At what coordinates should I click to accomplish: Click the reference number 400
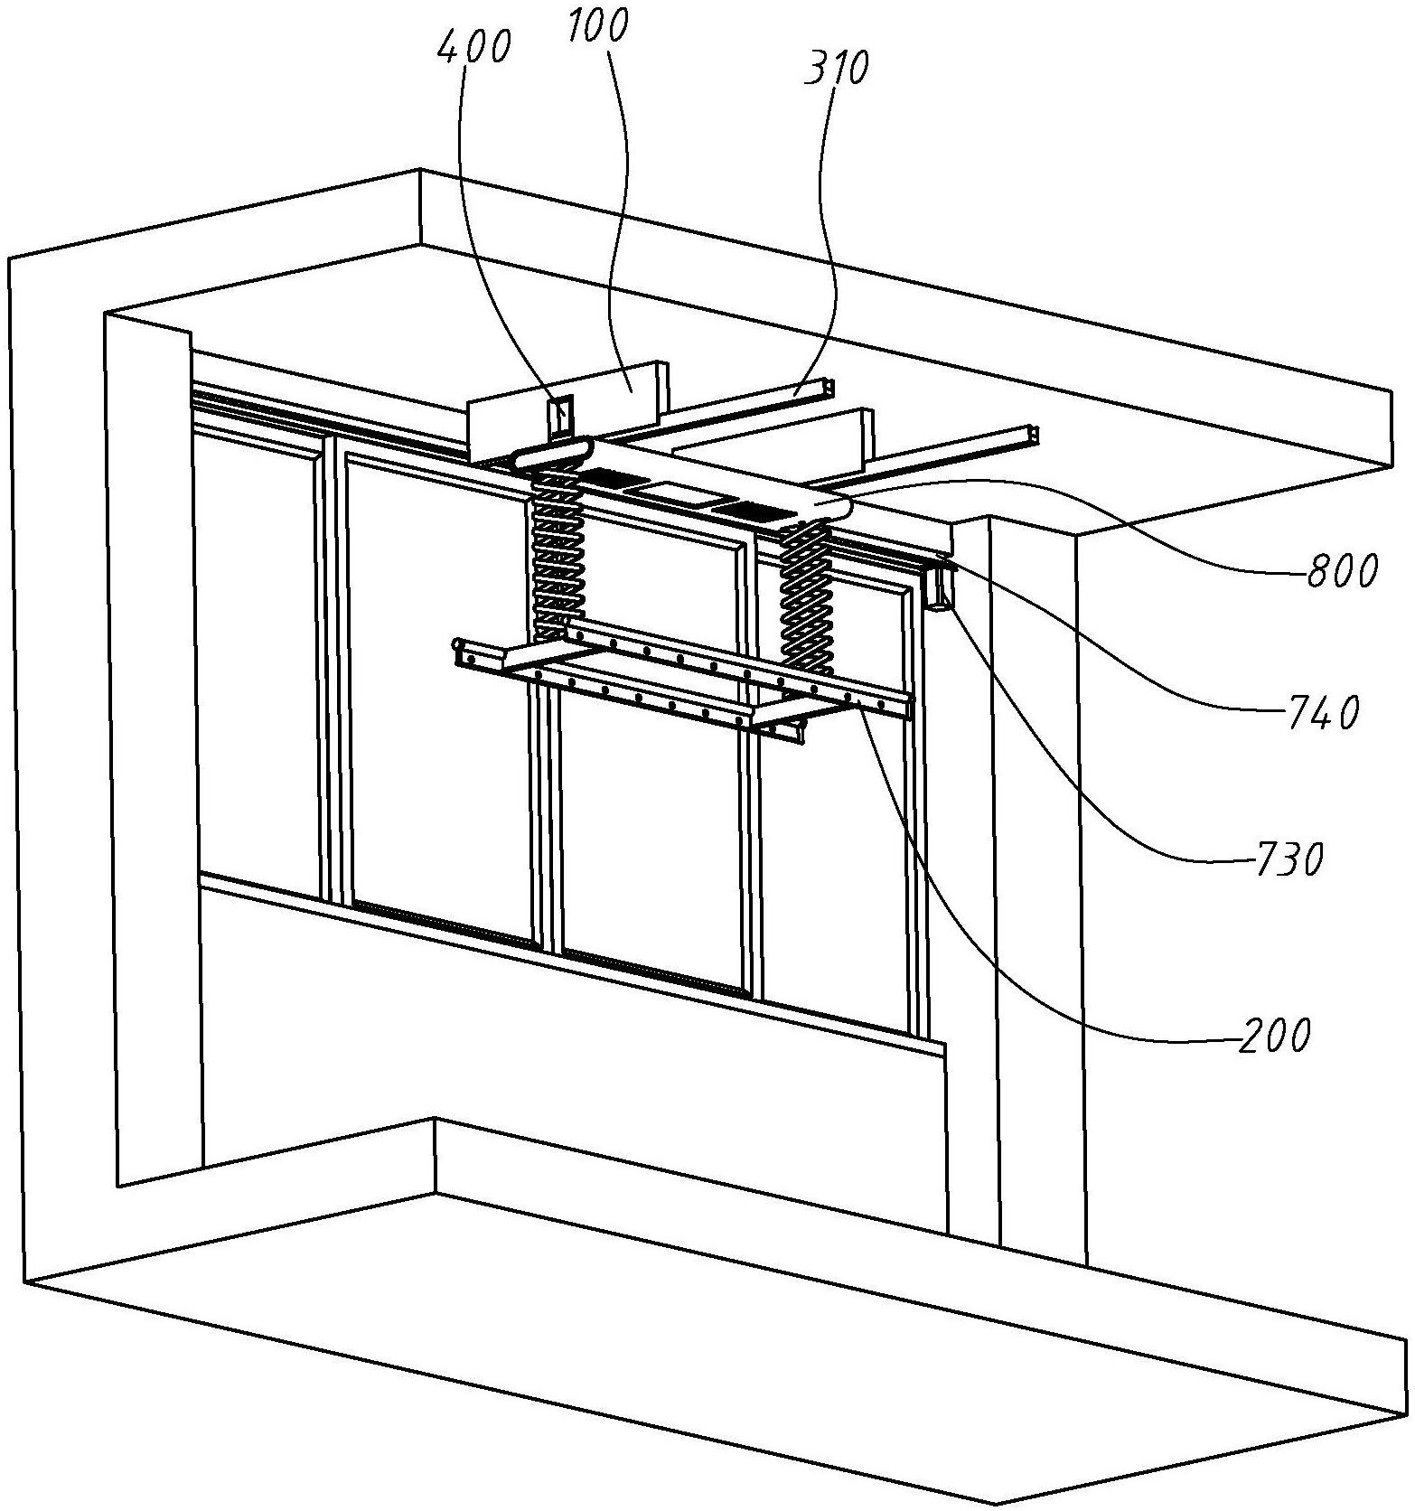click(x=473, y=45)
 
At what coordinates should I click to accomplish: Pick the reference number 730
click(x=1288, y=859)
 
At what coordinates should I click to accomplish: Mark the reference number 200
click(x=1273, y=1034)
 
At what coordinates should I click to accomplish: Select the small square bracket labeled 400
click(x=559, y=417)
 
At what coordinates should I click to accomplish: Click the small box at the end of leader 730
click(x=939, y=587)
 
